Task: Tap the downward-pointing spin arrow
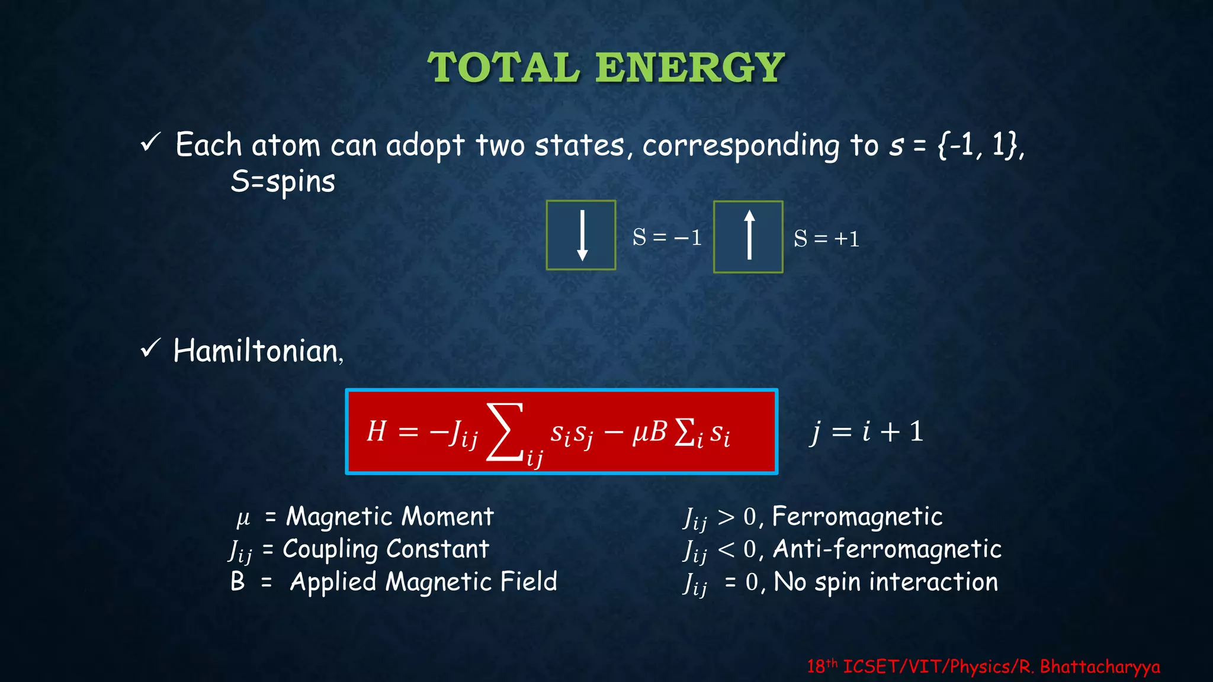[582, 235]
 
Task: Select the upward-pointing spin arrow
[749, 236]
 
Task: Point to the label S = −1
[667, 237]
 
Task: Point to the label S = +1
[827, 239]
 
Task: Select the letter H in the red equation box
[377, 431]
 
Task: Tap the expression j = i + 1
[867, 431]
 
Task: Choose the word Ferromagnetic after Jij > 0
[857, 516]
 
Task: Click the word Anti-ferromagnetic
[887, 549]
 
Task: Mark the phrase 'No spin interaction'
[885, 581]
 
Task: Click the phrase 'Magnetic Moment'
[389, 516]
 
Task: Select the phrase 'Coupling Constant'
[386, 549]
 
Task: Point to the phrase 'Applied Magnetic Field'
[423, 581]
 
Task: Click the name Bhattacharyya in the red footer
[1099, 667]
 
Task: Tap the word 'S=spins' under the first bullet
[283, 181]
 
